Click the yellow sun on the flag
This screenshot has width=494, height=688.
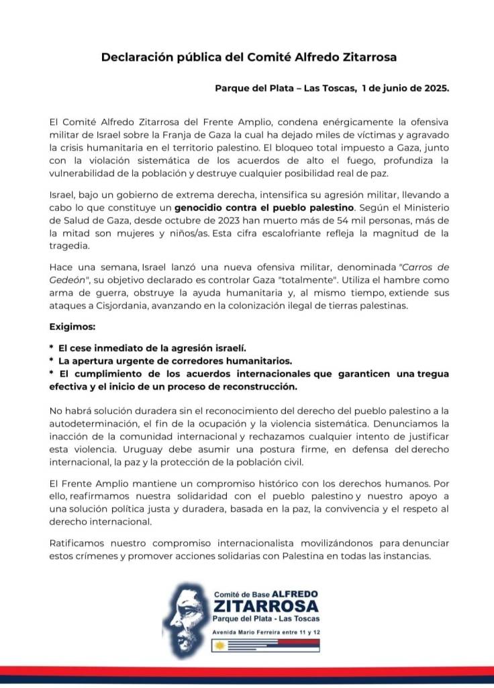point(219,646)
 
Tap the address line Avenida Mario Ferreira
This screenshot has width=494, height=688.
point(265,633)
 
